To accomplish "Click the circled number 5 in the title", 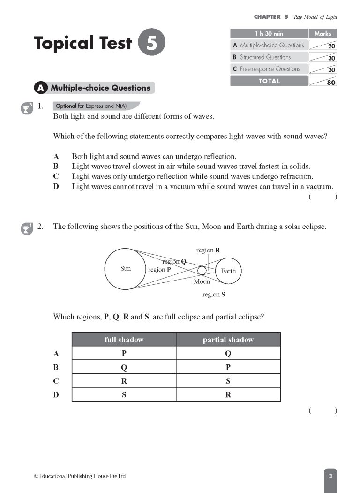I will pyautogui.click(x=152, y=43).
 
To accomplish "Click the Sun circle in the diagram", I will pyautogui.click(x=125, y=269).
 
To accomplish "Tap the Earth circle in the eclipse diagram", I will pyautogui.click(x=228, y=271).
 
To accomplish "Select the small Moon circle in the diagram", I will pyautogui.click(x=202, y=271).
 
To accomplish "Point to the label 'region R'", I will pyautogui.click(x=208, y=250).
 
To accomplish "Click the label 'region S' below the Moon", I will pyautogui.click(x=213, y=295).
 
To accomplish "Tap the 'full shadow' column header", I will pyautogui.click(x=124, y=340).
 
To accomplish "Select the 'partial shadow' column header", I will pyautogui.click(x=228, y=340).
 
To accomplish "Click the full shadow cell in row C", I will pyautogui.click(x=124, y=381).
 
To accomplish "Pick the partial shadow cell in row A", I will pyautogui.click(x=228, y=354).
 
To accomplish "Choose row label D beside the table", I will pyautogui.click(x=56, y=395).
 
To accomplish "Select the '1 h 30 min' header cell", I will pyautogui.click(x=269, y=34).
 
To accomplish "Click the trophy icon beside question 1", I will pyautogui.click(x=26, y=108).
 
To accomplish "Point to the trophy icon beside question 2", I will pyautogui.click(x=26, y=228).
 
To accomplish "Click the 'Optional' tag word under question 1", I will pyautogui.click(x=66, y=106).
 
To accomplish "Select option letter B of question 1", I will pyautogui.click(x=56, y=167).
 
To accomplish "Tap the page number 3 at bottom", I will pyautogui.click(x=330, y=476).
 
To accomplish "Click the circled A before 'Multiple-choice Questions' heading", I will pyautogui.click(x=41, y=88).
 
